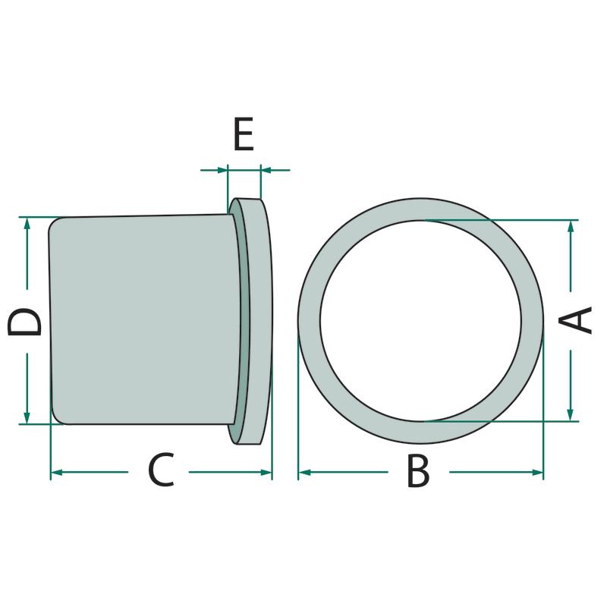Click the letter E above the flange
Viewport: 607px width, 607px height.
coord(244,134)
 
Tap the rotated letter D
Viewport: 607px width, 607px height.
coord(24,321)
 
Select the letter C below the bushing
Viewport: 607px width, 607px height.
coord(161,470)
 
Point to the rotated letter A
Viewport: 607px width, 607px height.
coord(575,319)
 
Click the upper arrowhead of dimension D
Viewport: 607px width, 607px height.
coord(27,224)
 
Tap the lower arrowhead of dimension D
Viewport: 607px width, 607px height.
coord(27,417)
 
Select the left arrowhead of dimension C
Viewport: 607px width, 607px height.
coord(58,472)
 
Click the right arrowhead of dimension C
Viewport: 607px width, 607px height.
coord(266,472)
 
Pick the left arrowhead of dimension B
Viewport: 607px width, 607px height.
coord(305,472)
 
